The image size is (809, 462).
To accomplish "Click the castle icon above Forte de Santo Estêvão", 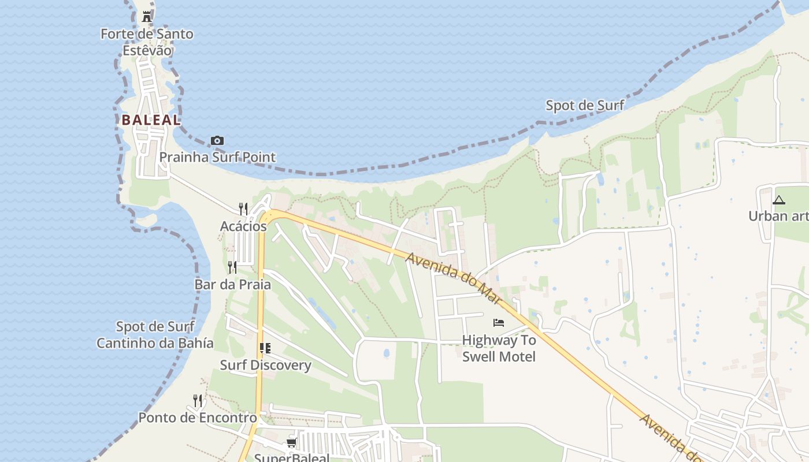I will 147,17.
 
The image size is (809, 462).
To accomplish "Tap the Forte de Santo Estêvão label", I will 147,42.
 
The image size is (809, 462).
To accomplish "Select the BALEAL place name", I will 151,120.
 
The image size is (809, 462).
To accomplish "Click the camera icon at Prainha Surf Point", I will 217,140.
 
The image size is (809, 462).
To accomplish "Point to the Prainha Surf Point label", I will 217,157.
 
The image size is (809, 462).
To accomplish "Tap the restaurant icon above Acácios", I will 243,208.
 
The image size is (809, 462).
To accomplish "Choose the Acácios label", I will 243,226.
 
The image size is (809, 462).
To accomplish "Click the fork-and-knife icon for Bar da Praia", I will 232,267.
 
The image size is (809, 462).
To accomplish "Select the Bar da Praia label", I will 232,284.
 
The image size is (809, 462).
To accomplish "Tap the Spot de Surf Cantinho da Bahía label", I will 155,335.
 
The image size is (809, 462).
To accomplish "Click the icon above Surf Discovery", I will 265,348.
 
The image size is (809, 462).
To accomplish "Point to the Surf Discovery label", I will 265,365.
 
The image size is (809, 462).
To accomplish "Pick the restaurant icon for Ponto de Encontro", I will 198,400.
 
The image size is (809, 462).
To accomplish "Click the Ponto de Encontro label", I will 198,418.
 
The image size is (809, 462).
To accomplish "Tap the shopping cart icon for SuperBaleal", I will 292,443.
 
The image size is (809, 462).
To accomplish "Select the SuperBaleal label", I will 292,457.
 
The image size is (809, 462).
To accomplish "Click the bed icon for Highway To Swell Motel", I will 499,323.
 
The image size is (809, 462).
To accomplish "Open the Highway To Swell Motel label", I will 499,348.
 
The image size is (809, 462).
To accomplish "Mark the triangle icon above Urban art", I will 779,200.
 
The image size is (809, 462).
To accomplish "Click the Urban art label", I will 778,216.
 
